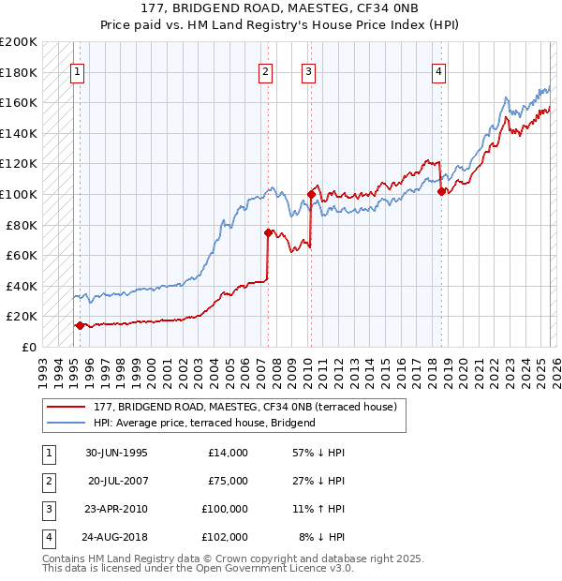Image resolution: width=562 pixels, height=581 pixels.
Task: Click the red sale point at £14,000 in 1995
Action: (80, 325)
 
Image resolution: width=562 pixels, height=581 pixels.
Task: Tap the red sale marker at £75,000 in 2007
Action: (268, 232)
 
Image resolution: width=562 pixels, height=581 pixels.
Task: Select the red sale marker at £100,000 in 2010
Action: (310, 194)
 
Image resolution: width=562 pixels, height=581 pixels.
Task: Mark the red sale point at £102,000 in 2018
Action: (441, 191)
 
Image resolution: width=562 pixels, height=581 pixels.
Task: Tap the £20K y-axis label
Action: (22, 317)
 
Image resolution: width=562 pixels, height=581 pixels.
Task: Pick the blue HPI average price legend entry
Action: (204, 423)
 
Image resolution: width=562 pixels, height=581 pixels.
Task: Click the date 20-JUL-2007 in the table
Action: (117, 481)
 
